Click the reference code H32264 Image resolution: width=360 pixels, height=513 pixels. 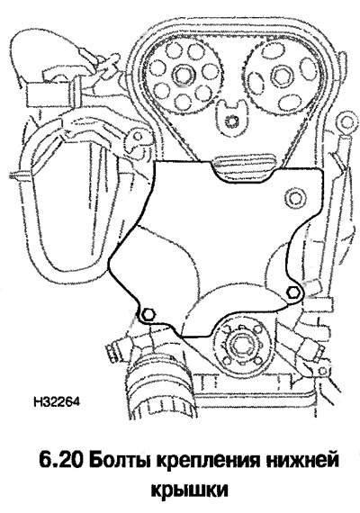(x=57, y=401)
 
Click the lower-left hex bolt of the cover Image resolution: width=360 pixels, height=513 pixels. (x=148, y=315)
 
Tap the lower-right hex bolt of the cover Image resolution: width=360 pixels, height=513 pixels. (x=292, y=292)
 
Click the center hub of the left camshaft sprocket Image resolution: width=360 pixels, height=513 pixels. (x=182, y=75)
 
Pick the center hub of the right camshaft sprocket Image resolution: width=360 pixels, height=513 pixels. (x=281, y=76)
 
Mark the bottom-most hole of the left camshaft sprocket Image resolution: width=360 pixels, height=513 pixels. (x=182, y=102)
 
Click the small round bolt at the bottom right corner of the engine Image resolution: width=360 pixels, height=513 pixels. (x=322, y=371)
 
